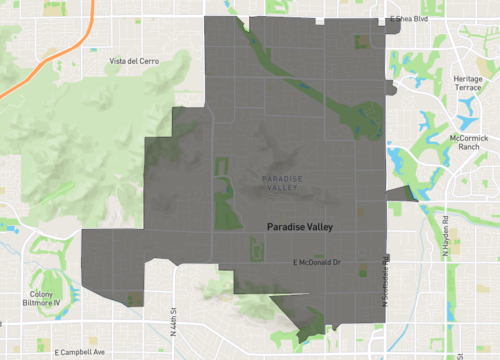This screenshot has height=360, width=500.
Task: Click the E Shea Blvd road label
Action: tap(411, 18)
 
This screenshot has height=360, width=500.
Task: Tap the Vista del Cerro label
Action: tap(134, 61)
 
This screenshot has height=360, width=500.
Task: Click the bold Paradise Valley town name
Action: tap(300, 227)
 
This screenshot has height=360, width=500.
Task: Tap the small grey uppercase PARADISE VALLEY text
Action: tap(279, 183)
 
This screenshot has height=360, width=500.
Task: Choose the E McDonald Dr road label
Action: tap(317, 262)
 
